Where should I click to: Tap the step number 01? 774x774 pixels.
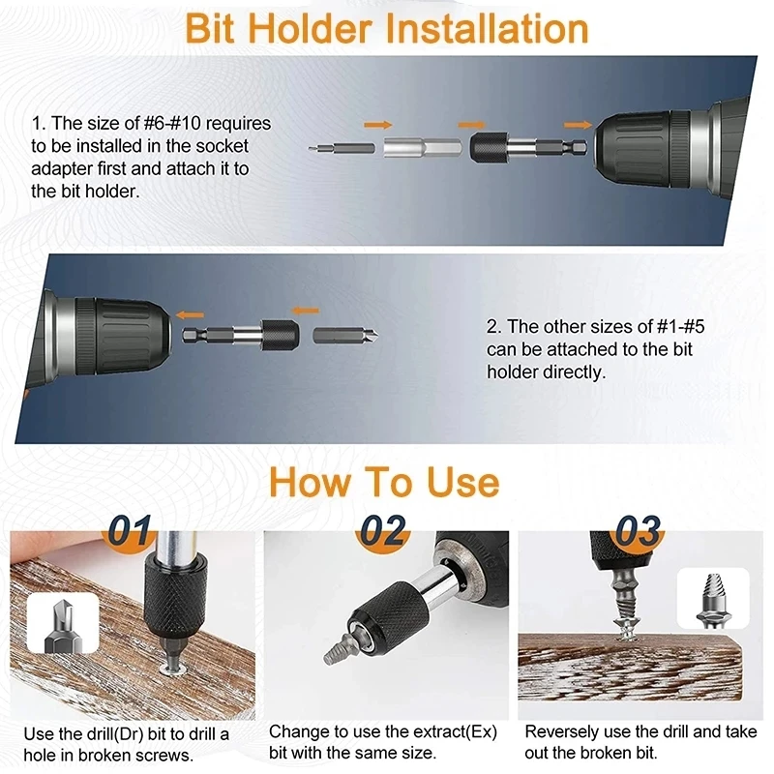(130, 530)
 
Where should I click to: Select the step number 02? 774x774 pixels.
(383, 530)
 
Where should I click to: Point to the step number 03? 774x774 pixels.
(638, 530)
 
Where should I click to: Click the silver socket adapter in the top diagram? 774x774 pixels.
(423, 147)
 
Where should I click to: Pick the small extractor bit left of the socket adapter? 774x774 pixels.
(342, 147)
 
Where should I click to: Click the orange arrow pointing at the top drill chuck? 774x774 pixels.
(578, 125)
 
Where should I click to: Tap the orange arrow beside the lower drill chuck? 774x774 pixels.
(190, 315)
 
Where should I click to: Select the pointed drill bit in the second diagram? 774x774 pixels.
(345, 336)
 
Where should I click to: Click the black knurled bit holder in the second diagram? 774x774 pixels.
(281, 336)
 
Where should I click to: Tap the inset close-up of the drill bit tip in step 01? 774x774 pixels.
(63, 623)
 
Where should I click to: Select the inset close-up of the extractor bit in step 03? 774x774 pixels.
(713, 598)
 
